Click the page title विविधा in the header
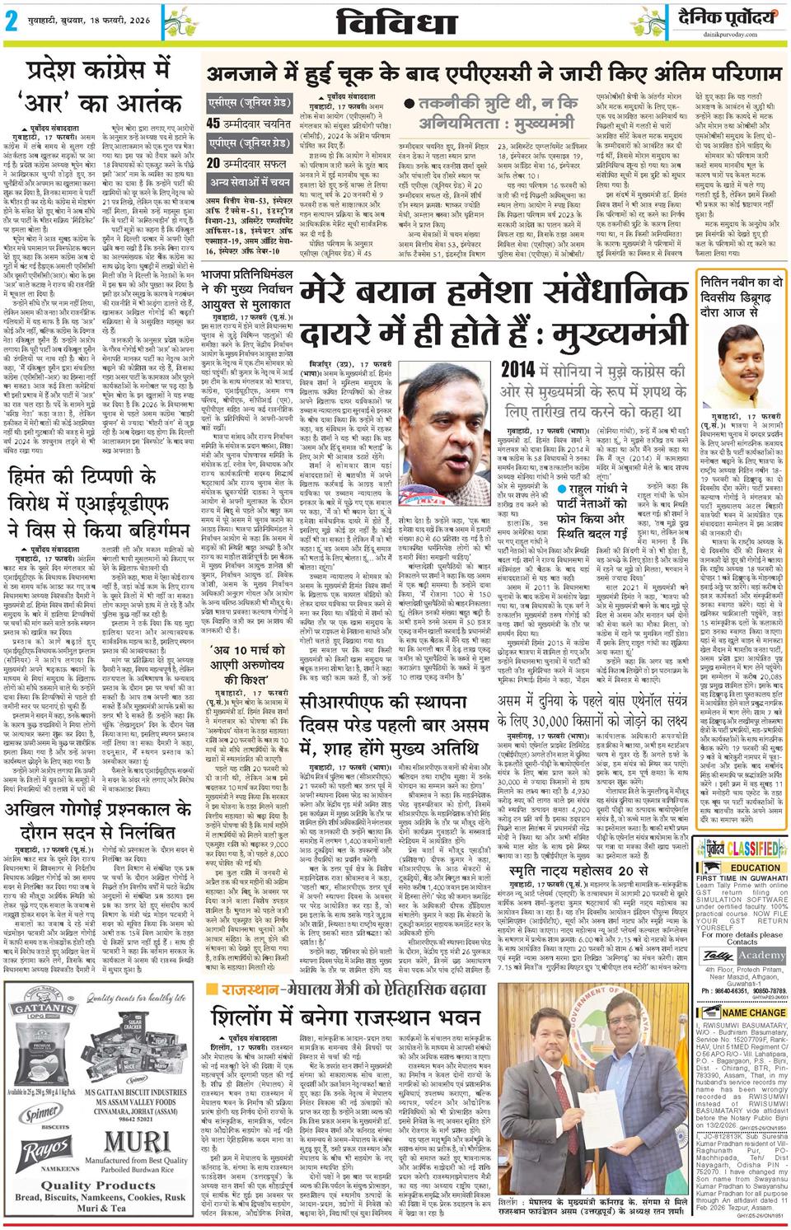click(x=396, y=23)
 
